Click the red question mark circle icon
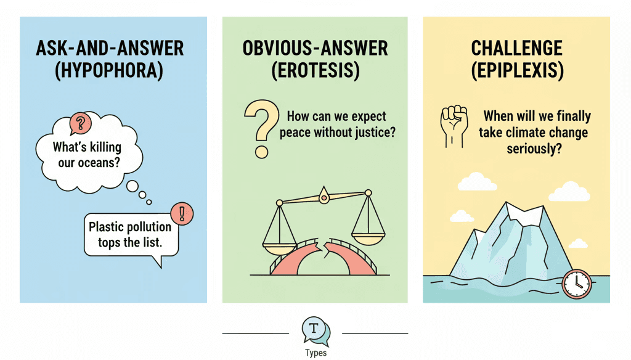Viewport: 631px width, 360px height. tap(79, 124)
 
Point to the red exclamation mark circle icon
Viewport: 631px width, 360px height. tap(181, 214)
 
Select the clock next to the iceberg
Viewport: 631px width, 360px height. tap(577, 283)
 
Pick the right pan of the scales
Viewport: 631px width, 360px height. tap(368, 232)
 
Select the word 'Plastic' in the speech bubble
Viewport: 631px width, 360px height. tap(105, 227)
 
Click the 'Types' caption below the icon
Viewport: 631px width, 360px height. tap(315, 353)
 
